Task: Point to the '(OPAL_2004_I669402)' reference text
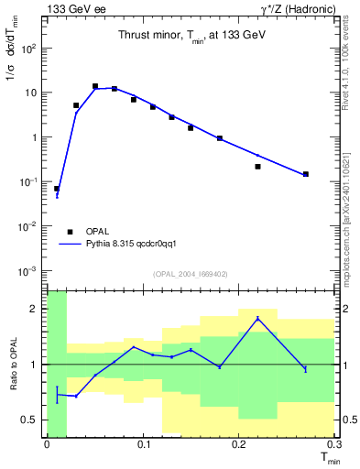(x=191, y=274)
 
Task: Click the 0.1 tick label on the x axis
(x=143, y=443)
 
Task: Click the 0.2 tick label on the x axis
(x=239, y=443)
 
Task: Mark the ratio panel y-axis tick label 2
(x=34, y=309)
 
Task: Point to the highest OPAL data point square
(x=95, y=86)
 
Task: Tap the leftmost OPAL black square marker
(x=57, y=189)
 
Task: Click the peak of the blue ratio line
(x=257, y=318)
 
